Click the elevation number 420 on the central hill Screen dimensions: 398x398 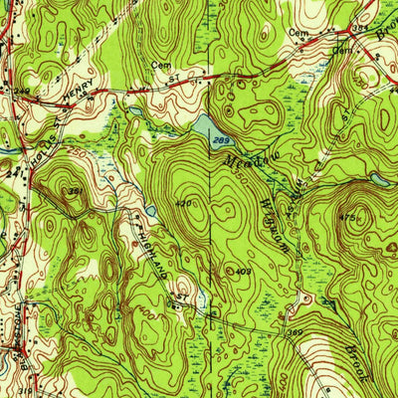coord(183,203)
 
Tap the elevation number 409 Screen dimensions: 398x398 coord(242,270)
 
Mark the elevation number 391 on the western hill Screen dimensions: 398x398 coord(74,191)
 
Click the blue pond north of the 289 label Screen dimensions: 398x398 coord(202,125)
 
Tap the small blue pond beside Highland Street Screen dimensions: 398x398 coord(149,211)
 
